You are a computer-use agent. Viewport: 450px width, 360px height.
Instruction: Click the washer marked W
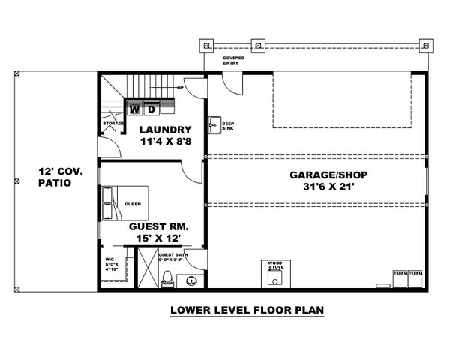coord(135,109)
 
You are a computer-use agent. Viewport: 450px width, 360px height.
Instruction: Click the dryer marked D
coord(151,109)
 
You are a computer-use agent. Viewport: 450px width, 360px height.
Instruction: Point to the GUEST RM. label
coord(158,226)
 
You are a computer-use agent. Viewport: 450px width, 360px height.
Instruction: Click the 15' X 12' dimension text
coord(158,238)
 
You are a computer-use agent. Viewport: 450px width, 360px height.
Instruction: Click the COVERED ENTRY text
coord(233,61)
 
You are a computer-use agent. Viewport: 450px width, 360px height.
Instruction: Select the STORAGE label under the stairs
coord(112,124)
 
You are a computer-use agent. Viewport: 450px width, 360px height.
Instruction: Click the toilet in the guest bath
coord(169,277)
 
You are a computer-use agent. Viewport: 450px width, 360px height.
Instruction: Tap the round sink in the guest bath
coord(192,281)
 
